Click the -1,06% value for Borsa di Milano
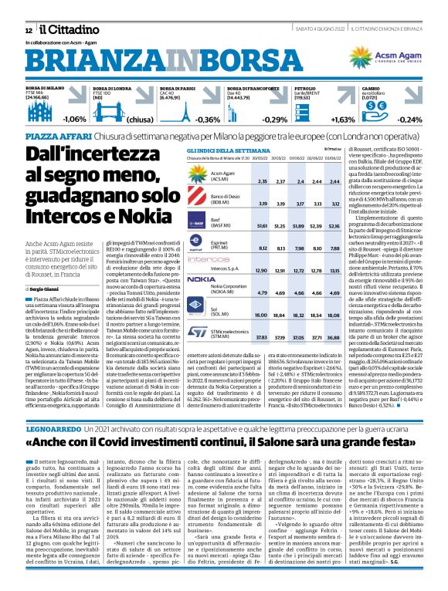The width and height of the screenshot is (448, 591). [74, 120]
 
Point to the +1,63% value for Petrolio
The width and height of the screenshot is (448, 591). [343, 120]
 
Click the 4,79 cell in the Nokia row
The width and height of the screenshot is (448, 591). [263, 293]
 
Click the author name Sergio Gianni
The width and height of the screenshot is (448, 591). [45, 288]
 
